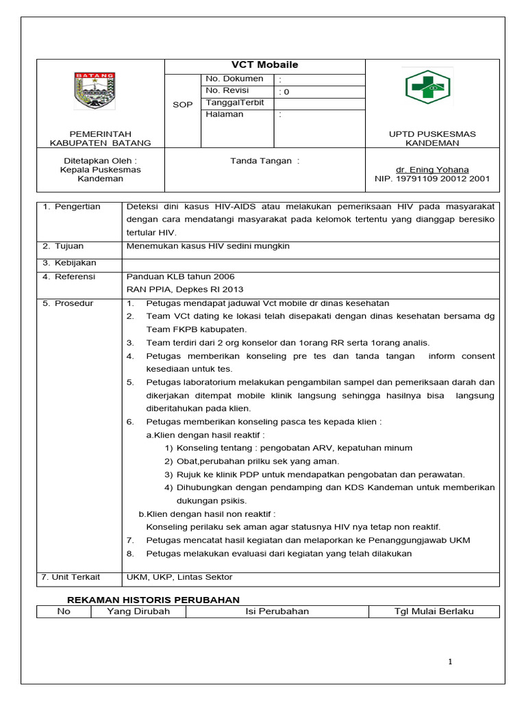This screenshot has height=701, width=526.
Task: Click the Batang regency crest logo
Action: [95, 91]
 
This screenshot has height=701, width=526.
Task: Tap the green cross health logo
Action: [427, 87]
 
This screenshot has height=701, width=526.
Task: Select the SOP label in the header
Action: [182, 105]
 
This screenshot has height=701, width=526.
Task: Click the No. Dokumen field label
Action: [234, 79]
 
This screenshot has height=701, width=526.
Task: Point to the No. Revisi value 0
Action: [286, 92]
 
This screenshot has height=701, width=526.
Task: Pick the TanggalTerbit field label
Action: [234, 103]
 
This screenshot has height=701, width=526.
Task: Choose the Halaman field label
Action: [225, 114]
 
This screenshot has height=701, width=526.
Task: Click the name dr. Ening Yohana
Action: [432, 170]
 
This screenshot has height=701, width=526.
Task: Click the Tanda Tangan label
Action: [264, 161]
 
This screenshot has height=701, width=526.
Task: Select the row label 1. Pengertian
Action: [72, 207]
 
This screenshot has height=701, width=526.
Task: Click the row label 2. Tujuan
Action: [65, 246]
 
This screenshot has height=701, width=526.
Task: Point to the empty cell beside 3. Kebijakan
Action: [310, 264]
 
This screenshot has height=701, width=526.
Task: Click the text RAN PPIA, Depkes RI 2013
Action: [185, 290]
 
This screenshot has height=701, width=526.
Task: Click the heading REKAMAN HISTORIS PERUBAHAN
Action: [148, 600]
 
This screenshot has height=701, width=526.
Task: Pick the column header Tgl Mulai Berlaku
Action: [434, 611]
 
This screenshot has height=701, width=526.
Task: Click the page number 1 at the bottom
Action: [450, 661]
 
